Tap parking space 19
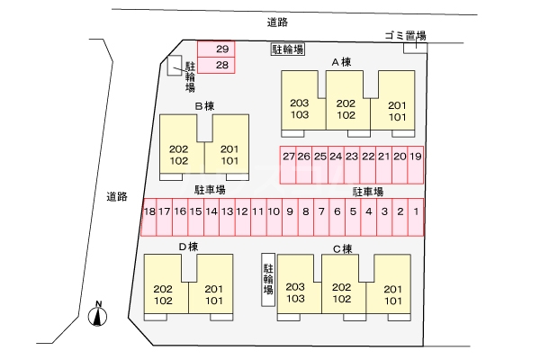point(415,157)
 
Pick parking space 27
point(288,157)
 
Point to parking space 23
point(352,157)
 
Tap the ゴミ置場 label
point(404,35)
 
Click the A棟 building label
point(341,62)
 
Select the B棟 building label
point(204,106)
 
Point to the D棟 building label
point(188,247)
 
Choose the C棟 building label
point(342,248)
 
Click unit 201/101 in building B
point(229,155)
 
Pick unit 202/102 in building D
point(163,294)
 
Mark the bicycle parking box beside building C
point(267,279)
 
